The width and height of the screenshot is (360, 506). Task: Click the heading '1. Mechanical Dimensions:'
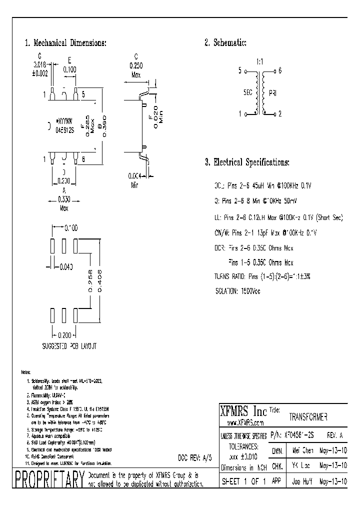click(65, 43)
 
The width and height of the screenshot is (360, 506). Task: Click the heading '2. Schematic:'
click(225, 43)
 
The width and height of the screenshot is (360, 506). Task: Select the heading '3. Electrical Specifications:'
click(247, 162)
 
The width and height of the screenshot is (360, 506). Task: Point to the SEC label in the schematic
click(247, 92)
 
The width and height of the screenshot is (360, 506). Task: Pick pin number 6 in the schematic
click(280, 71)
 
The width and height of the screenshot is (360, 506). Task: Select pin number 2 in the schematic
click(280, 114)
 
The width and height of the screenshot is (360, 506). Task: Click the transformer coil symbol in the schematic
click(259, 93)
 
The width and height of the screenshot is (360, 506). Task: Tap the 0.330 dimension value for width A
click(63, 198)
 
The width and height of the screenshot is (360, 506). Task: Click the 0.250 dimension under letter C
click(135, 65)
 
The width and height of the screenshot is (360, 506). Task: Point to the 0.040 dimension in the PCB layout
click(66, 265)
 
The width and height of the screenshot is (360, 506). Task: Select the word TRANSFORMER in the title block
click(308, 416)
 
